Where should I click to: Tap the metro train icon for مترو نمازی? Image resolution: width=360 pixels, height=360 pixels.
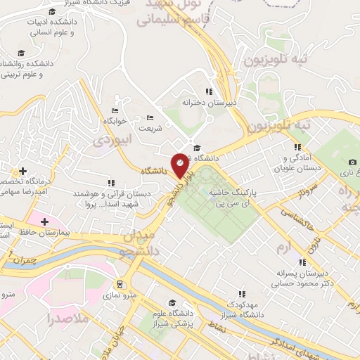click(x=120, y=285)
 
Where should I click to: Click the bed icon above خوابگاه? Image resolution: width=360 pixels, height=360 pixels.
click(x=115, y=110)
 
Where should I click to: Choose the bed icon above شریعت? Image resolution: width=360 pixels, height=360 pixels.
click(x=149, y=118)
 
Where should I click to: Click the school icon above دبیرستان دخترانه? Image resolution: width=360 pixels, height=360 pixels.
click(x=208, y=91)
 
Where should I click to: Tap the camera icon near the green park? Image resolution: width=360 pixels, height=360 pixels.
click(x=352, y=162)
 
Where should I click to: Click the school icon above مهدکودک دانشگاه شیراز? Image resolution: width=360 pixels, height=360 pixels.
click(x=241, y=294)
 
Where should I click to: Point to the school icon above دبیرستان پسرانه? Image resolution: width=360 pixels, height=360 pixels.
click(x=302, y=263)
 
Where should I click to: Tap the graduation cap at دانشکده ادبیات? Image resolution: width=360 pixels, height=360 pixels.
click(x=51, y=11)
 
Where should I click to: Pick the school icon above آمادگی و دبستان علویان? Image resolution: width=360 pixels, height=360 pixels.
click(x=298, y=147)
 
